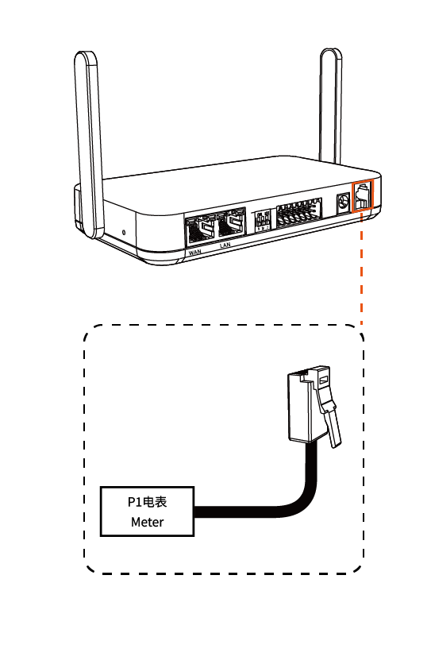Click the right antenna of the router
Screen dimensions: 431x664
pyautogui.click(x=331, y=106)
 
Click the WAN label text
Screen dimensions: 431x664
pyautogui.click(x=194, y=252)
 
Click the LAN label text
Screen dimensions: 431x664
pyautogui.click(x=225, y=245)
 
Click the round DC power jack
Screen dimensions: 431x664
pyautogui.click(x=343, y=203)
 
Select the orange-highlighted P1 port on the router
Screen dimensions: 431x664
pyautogui.click(x=363, y=195)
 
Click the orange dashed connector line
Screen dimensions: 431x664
pyautogui.click(x=361, y=268)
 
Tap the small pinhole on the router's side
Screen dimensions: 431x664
pyautogui.click(x=124, y=232)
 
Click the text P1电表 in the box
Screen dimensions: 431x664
pyautogui.click(x=148, y=502)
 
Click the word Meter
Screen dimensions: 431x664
pyautogui.click(x=148, y=522)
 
